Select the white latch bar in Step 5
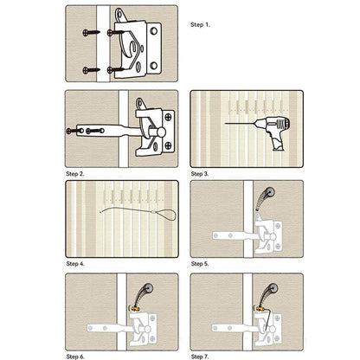click(x=230, y=235)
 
